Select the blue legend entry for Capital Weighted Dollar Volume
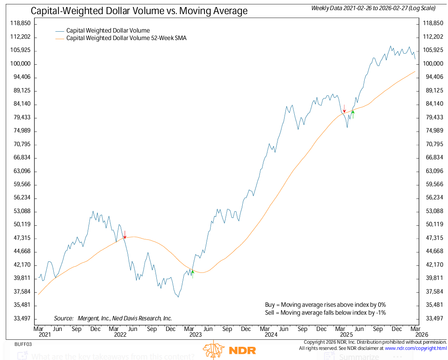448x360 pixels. (x=108, y=31)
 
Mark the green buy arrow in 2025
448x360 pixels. (x=353, y=113)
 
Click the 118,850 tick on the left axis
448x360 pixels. (x=21, y=23)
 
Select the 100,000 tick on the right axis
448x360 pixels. (x=433, y=64)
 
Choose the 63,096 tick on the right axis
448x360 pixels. (x=433, y=171)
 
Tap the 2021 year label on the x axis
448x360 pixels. (x=44, y=335)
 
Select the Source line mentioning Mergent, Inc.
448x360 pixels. (x=113, y=318)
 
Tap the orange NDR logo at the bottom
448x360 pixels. (x=230, y=349)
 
